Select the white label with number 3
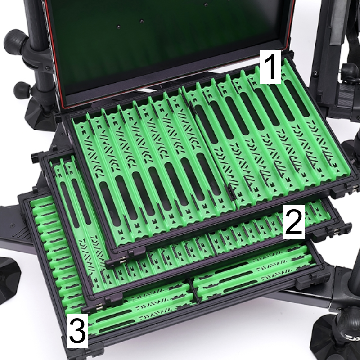point(77,330)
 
